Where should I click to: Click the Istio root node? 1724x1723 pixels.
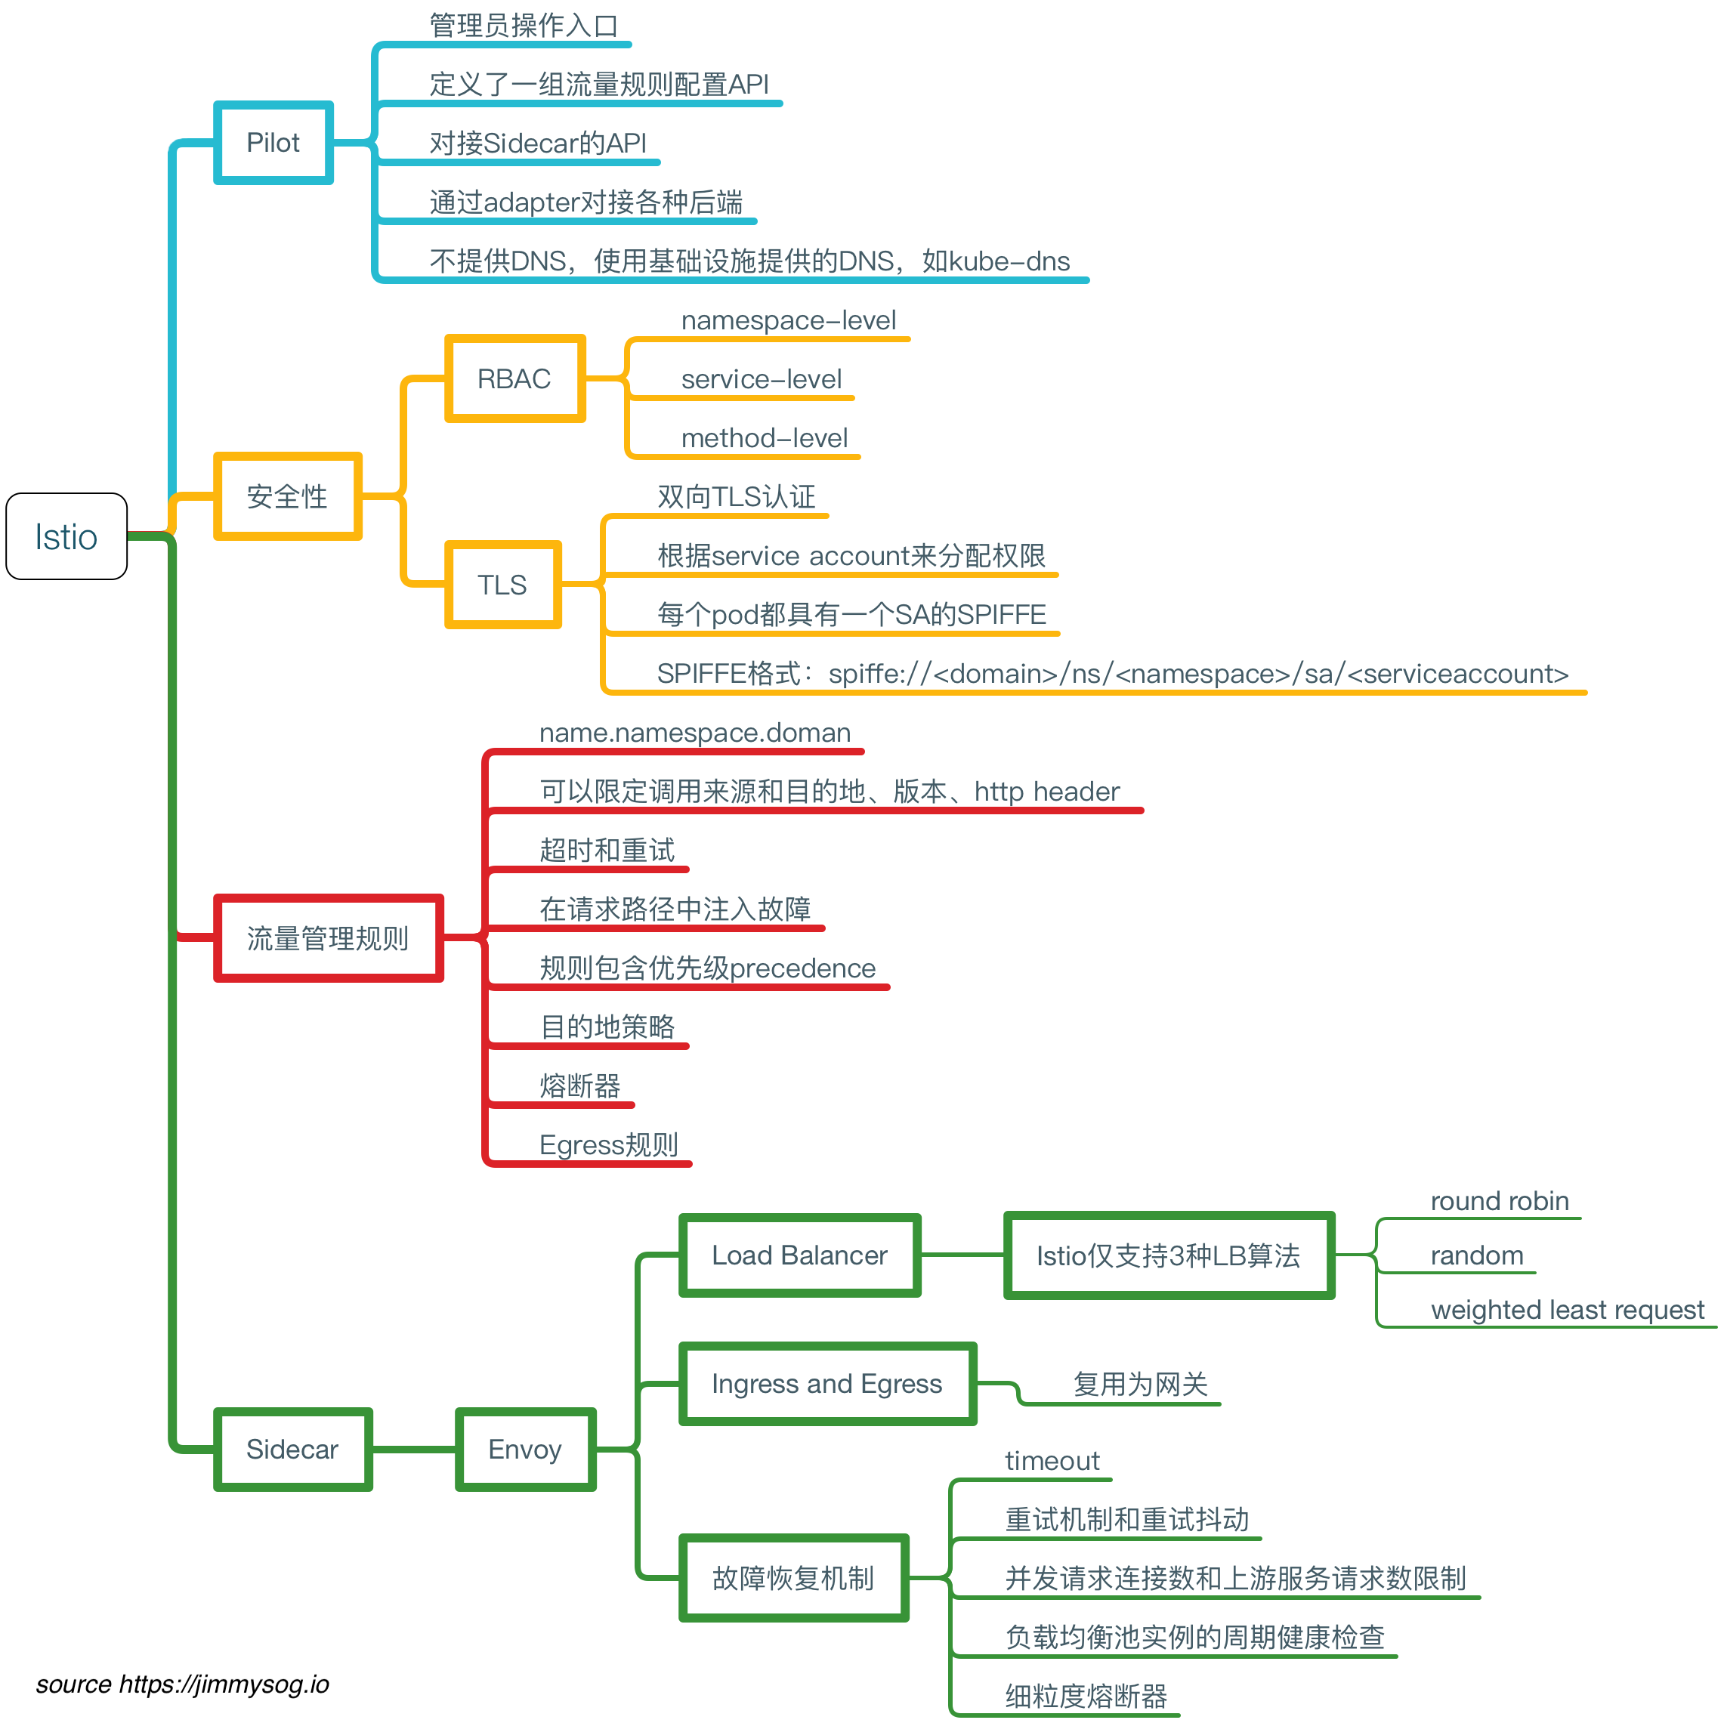(66, 536)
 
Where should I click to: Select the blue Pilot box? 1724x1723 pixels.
(273, 143)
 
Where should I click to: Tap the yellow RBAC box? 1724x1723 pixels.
(514, 378)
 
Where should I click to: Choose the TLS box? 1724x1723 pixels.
(502, 585)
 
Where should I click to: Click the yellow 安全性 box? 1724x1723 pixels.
(287, 496)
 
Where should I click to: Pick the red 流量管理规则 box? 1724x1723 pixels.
(327, 937)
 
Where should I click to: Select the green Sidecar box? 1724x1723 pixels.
(292, 1449)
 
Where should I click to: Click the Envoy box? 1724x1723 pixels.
(525, 1449)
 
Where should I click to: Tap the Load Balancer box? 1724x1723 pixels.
(799, 1255)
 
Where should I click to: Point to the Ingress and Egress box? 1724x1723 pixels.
(826, 1384)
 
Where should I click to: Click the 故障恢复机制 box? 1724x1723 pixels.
(792, 1577)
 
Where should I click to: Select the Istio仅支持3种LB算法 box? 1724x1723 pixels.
(1168, 1255)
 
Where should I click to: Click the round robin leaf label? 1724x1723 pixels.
(1499, 1201)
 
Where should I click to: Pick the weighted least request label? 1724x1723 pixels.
(1567, 1310)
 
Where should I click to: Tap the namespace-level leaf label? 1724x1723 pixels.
(788, 320)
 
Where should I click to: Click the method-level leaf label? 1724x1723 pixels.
(764, 438)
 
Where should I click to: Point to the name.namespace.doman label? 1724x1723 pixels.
(694, 733)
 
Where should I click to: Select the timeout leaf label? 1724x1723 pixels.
(1052, 1461)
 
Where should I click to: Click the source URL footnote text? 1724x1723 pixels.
(182, 1684)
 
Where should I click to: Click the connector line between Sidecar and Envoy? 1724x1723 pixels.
(413, 1449)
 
